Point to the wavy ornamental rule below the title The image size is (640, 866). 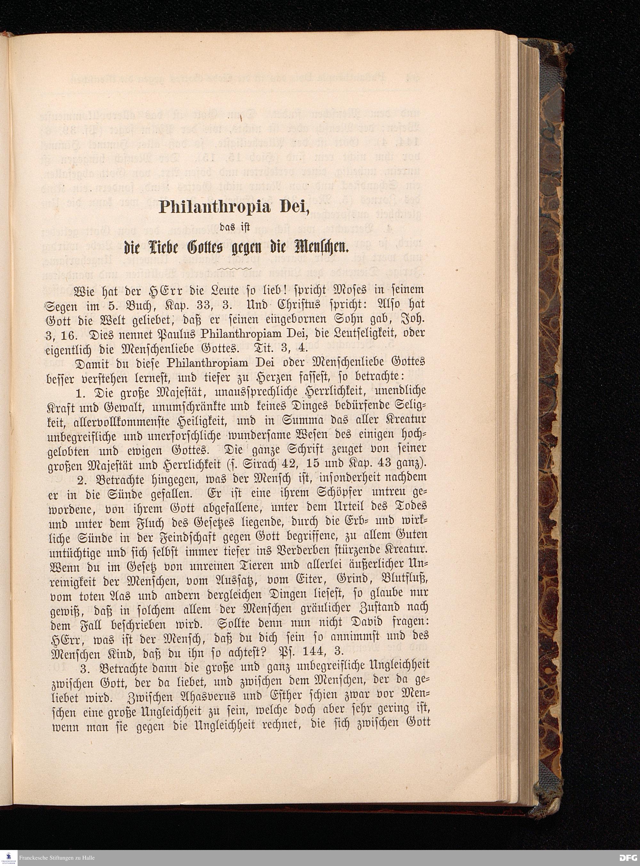tap(236, 268)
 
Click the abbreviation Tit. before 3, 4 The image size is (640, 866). tap(263, 348)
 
